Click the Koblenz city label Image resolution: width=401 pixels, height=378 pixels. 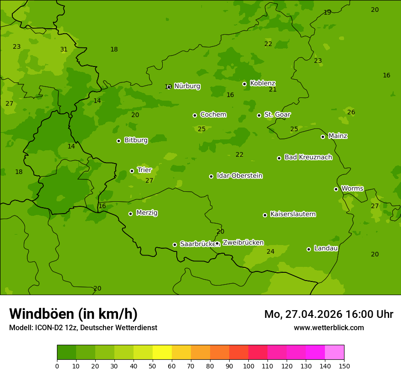(x=262, y=83)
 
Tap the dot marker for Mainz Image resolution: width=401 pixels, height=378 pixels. (x=323, y=137)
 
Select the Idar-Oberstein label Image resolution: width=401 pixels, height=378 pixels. (x=239, y=176)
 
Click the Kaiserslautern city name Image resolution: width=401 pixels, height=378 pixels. (x=293, y=214)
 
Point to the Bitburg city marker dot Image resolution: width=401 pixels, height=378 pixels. (x=118, y=141)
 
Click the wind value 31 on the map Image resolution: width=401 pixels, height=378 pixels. (x=64, y=50)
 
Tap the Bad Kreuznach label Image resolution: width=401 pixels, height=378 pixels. (x=308, y=157)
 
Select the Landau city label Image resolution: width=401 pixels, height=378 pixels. (x=326, y=248)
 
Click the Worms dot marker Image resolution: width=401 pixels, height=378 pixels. (x=336, y=189)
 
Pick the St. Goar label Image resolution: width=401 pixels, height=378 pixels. (x=277, y=115)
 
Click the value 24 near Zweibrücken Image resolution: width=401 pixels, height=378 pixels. (x=270, y=251)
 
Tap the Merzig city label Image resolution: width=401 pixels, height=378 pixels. (x=147, y=213)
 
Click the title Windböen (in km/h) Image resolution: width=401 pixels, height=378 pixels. (x=73, y=314)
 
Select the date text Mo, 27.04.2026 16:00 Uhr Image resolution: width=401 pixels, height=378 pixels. (x=329, y=314)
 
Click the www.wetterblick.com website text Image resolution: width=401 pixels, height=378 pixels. (x=329, y=327)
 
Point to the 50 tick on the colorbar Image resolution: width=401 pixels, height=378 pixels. (x=153, y=365)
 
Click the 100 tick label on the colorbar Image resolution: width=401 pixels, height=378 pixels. (x=248, y=365)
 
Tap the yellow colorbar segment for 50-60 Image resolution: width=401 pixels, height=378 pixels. (x=162, y=352)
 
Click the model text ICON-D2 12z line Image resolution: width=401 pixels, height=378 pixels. (x=83, y=327)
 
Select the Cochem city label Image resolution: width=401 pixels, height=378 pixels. (x=213, y=115)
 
